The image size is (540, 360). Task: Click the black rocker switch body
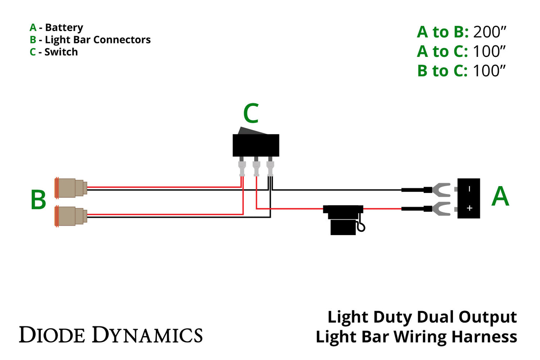pyautogui.click(x=256, y=145)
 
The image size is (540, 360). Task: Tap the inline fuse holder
pyautogui.click(x=343, y=219)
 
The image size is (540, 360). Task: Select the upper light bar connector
pyautogui.click(x=71, y=188)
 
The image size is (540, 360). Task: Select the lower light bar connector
pyautogui.click(x=71, y=216)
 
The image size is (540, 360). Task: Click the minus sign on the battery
pyautogui.click(x=469, y=189)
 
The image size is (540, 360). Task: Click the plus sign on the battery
pyautogui.click(x=469, y=208)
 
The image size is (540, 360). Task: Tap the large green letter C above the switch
pyautogui.click(x=251, y=114)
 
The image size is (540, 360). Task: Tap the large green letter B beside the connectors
pyautogui.click(x=38, y=200)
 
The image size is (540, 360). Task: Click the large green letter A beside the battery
pyautogui.click(x=500, y=197)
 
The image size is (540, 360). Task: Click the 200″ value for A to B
pyautogui.click(x=489, y=32)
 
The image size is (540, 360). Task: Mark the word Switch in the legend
pyautogui.click(x=61, y=52)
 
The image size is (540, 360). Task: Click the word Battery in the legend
pyautogui.click(x=64, y=28)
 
